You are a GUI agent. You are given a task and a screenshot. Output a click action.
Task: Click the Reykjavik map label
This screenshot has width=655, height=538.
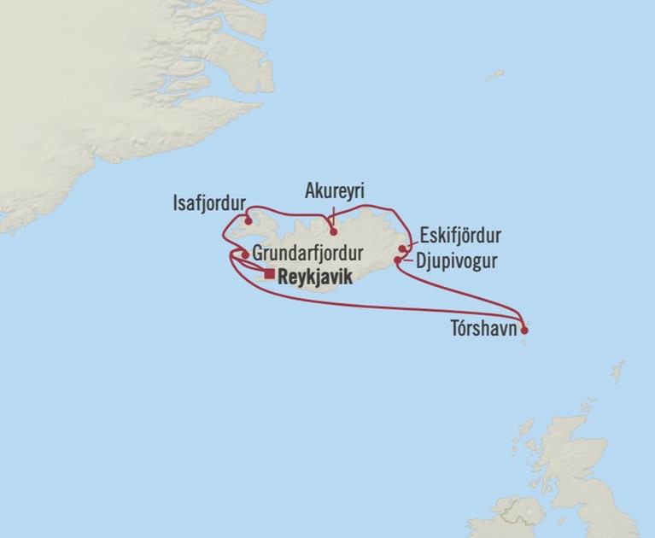[315, 276]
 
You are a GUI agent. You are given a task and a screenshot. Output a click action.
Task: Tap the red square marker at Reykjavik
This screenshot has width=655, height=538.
[270, 275]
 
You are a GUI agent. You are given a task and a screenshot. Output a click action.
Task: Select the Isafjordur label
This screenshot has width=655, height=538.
[208, 203]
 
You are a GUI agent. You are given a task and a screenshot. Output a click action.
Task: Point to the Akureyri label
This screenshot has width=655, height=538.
[334, 193]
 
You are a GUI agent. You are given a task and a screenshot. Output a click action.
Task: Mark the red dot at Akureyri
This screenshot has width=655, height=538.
[333, 231]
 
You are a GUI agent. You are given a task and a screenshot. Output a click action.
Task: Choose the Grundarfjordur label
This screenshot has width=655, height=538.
[308, 254]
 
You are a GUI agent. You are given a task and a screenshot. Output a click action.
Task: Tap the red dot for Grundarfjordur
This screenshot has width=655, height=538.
[245, 254]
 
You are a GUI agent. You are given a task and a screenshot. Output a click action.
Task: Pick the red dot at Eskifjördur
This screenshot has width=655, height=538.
[402, 249]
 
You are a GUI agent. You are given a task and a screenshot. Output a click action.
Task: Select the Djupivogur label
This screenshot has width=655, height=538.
[455, 260]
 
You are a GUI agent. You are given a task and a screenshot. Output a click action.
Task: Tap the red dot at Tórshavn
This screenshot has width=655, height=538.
[524, 323]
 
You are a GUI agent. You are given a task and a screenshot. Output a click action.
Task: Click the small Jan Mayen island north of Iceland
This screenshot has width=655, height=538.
[494, 75]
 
